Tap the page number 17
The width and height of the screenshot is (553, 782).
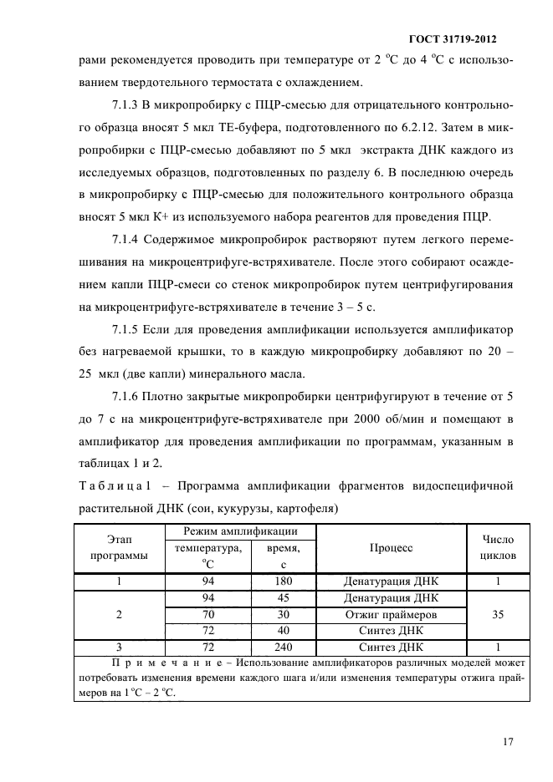[x=508, y=740]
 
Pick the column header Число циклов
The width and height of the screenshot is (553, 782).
[x=497, y=547]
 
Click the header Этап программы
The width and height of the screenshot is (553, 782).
[x=118, y=547]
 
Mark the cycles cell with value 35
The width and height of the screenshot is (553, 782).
[x=497, y=614]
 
